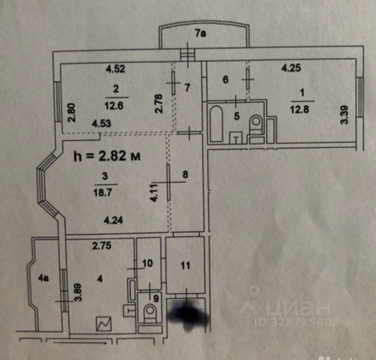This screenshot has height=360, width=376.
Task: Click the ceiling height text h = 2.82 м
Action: pyautogui.click(x=106, y=156)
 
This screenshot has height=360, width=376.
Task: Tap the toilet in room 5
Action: pyautogui.click(x=257, y=123)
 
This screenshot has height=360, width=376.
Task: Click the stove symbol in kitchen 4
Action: pyautogui.click(x=104, y=323)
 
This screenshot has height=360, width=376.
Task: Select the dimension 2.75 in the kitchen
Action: pyautogui.click(x=102, y=246)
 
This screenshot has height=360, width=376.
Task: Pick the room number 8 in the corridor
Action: pyautogui.click(x=185, y=174)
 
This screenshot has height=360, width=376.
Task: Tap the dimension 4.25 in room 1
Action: pyautogui.click(x=291, y=69)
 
